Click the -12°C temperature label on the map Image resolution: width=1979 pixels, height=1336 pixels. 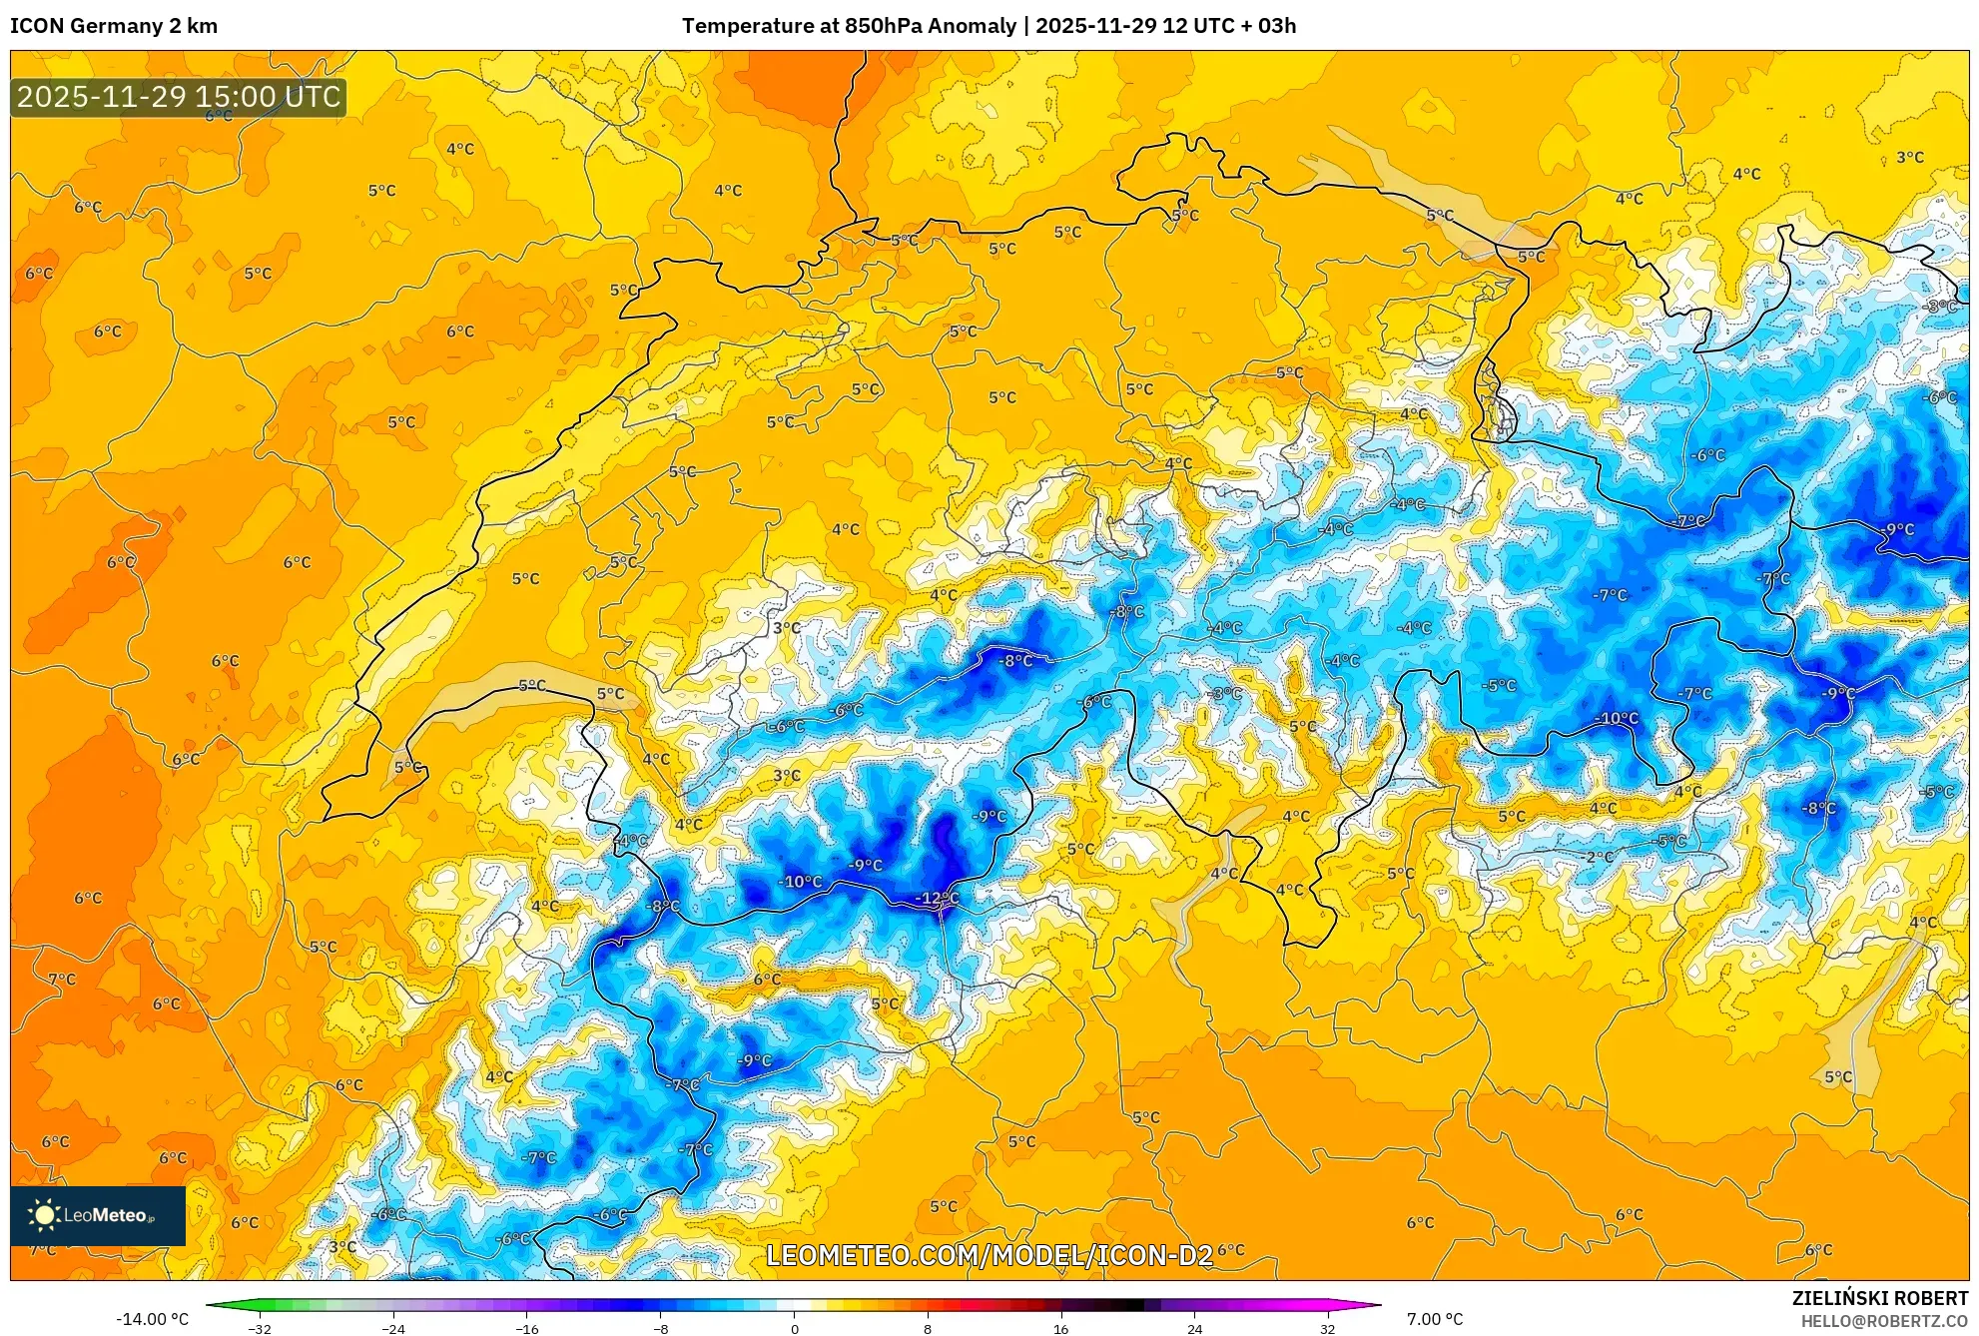[937, 899]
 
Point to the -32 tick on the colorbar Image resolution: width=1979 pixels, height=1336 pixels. [260, 1329]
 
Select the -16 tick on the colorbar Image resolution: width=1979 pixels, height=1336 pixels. [527, 1329]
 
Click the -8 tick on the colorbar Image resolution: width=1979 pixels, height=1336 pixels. [661, 1329]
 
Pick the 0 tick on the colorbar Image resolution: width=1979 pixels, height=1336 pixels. [795, 1329]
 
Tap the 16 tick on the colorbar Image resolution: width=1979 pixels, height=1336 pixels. [1060, 1329]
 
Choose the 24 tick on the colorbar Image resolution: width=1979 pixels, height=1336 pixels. [1194, 1329]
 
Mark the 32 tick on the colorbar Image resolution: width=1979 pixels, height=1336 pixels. [1327, 1329]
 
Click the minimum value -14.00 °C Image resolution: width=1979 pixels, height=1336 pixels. [152, 1319]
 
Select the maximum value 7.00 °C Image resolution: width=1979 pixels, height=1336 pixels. [1435, 1319]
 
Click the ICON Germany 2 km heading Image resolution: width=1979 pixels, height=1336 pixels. [114, 26]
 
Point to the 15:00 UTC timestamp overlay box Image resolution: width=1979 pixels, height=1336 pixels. [179, 97]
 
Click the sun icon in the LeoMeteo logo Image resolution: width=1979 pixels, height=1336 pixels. [44, 1215]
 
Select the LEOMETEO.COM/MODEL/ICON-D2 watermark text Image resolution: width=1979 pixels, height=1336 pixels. [989, 1255]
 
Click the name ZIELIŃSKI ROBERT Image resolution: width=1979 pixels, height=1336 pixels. [1880, 1298]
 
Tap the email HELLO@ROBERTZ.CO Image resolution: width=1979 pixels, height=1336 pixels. [1884, 1321]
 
